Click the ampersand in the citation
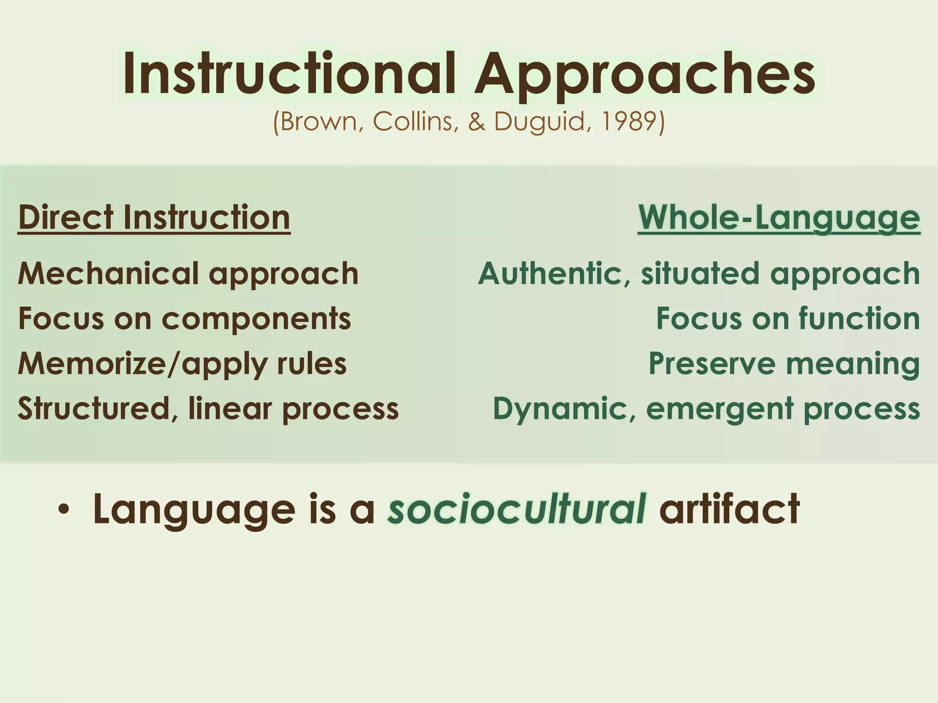476,122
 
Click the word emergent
719,409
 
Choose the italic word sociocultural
517,509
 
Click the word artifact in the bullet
729,509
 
